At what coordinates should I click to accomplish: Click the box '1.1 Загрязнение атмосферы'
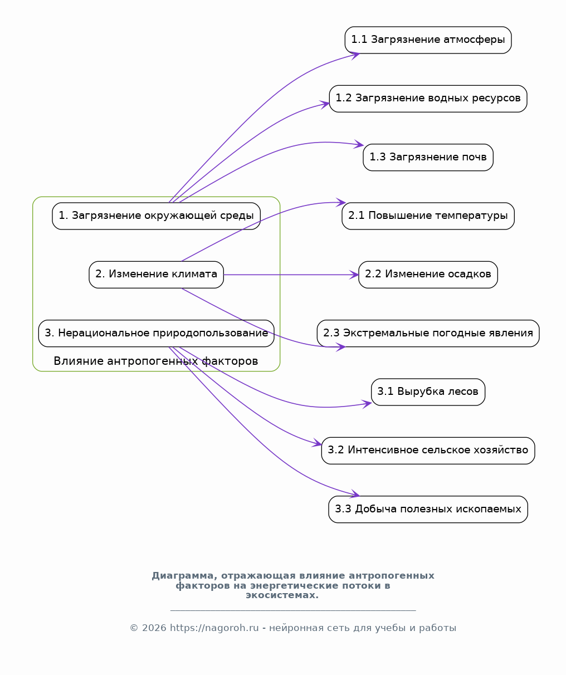(x=428, y=40)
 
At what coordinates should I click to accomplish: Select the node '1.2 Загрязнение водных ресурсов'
(x=428, y=99)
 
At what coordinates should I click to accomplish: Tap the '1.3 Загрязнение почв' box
(x=428, y=158)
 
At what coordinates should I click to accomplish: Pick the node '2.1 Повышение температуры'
(x=428, y=216)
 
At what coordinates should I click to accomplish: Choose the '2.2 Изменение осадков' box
(x=428, y=275)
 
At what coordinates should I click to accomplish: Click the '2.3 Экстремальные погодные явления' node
(x=428, y=334)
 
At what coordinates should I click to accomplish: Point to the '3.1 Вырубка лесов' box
(x=428, y=392)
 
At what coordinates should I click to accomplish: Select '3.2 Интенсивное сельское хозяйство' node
(x=428, y=451)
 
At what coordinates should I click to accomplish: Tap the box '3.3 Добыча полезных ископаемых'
(x=428, y=510)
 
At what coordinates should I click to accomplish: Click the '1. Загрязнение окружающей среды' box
(x=156, y=216)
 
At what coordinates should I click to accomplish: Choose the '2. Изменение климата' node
(x=156, y=275)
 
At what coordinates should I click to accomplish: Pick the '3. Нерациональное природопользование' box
(x=156, y=334)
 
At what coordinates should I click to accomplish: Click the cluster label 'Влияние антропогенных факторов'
(x=155, y=361)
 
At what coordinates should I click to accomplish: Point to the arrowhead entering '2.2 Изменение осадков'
(x=354, y=275)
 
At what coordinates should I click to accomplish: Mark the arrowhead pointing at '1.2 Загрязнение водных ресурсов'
(x=325, y=104)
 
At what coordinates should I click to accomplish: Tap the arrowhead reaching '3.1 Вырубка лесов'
(x=367, y=404)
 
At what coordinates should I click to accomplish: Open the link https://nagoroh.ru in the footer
(x=214, y=628)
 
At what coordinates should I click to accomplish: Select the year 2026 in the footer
(x=154, y=628)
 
